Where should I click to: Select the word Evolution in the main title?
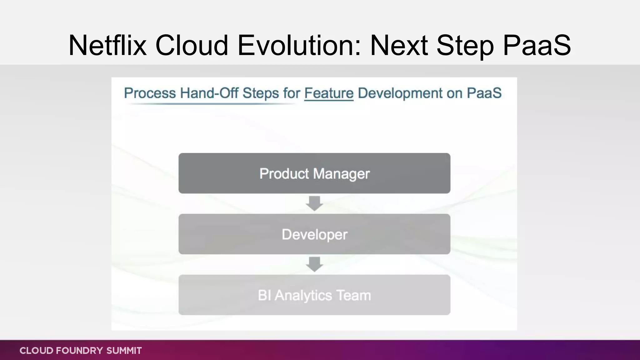click(x=299, y=46)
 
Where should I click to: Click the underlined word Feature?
click(x=329, y=93)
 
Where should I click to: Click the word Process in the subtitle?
click(x=150, y=93)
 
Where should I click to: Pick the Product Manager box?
click(x=314, y=173)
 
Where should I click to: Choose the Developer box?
click(x=314, y=234)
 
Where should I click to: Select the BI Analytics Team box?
click(x=314, y=295)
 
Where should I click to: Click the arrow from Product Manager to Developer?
click(x=314, y=203)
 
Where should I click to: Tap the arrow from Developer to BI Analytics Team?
click(x=314, y=264)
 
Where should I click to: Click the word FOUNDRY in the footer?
click(x=79, y=351)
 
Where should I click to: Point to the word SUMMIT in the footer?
click(x=124, y=351)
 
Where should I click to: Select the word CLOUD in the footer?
click(x=36, y=351)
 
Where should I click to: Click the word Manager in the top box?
click(x=341, y=174)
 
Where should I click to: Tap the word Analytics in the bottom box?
click(x=303, y=296)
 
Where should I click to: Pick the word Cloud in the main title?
click(x=192, y=46)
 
